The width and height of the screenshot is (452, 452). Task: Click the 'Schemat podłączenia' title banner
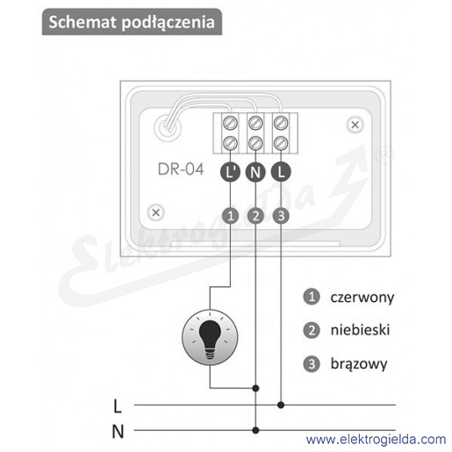click(132, 22)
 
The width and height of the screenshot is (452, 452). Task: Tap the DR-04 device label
click(181, 169)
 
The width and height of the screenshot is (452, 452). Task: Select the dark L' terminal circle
click(230, 172)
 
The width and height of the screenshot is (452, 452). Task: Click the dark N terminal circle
click(255, 172)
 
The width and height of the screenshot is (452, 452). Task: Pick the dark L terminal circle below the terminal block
click(281, 172)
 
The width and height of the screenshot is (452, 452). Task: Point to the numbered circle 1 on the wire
click(230, 216)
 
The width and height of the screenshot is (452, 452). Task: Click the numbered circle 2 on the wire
click(255, 216)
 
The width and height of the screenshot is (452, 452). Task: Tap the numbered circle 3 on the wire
click(281, 216)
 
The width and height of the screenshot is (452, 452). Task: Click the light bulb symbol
click(210, 337)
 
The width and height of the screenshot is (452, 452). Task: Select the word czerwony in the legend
click(362, 298)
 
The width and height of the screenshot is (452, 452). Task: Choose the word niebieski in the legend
click(360, 330)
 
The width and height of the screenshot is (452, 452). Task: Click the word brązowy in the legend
click(359, 364)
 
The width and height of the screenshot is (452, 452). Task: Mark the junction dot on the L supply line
click(281, 405)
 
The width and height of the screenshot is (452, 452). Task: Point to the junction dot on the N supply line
click(255, 430)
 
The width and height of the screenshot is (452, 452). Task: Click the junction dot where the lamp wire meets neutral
click(255, 388)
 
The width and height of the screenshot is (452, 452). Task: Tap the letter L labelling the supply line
click(118, 406)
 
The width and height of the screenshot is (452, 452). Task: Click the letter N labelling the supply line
click(118, 431)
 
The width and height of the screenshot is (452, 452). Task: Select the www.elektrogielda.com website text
click(377, 440)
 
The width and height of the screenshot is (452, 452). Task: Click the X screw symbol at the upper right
click(355, 125)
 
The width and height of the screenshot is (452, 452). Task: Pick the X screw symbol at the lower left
click(156, 212)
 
